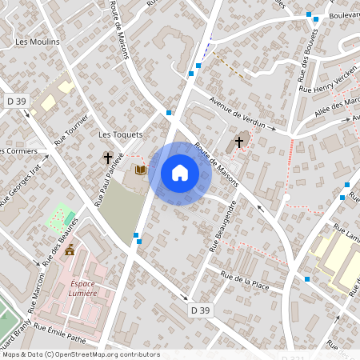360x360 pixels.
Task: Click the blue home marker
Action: tap(180, 173)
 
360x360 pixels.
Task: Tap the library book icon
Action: tap(141, 170)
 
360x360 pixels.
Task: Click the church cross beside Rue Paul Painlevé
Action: tap(107, 158)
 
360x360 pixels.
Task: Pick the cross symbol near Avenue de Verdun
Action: tap(238, 143)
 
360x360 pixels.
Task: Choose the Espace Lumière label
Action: tap(73, 287)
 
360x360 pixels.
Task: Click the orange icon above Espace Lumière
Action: tap(70, 250)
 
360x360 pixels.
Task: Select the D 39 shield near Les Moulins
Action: tap(17, 102)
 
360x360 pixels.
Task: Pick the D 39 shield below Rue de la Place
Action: tap(200, 309)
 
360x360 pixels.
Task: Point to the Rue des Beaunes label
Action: tap(62, 240)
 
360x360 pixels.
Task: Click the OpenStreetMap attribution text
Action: tap(80, 354)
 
